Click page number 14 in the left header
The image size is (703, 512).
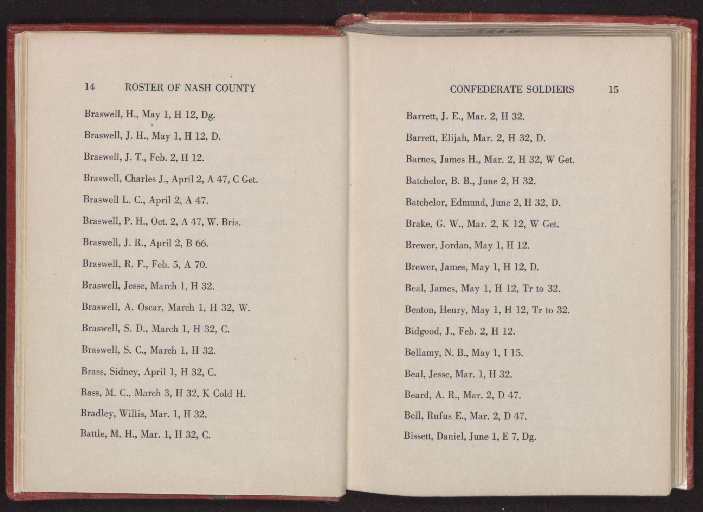90,87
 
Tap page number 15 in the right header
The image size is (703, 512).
613,90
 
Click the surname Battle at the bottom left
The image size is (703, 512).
93,434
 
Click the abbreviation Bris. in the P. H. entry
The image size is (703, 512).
231,222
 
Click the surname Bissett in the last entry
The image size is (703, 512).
418,437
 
